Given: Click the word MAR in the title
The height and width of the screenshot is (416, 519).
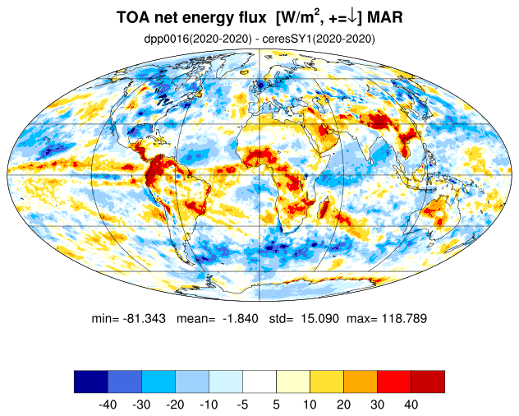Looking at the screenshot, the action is tap(384, 17).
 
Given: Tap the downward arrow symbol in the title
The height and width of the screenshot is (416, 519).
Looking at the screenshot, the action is tap(353, 17).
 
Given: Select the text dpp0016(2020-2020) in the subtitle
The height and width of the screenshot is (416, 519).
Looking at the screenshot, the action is tap(198, 39).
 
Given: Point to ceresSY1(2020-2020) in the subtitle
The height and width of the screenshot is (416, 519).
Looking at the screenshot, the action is tap(319, 39).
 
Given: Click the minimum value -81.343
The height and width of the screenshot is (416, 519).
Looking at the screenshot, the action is tap(145, 318).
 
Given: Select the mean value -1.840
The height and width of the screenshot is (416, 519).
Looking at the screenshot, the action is tap(241, 318).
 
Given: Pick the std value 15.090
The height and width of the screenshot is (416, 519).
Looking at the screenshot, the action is tap(319, 318).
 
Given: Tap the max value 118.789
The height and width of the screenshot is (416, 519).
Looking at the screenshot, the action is tap(405, 318).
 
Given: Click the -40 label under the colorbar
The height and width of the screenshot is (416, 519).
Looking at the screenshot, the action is tap(108, 404).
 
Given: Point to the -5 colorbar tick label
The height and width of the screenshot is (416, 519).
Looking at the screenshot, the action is tap(242, 404).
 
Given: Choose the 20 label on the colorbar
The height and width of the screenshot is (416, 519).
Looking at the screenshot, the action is tap(343, 404).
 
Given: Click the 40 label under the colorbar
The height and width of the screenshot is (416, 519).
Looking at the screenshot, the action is tap(411, 404).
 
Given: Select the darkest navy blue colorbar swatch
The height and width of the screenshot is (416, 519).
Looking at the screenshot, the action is tap(91, 381).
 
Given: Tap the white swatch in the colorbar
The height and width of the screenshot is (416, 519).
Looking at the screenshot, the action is tap(259, 381).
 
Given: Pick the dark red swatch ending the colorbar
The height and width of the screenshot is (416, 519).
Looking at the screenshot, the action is tap(428, 381).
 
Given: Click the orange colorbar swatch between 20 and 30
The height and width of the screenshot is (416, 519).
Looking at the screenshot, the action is tap(361, 381).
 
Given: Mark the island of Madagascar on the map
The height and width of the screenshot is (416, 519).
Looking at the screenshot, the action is tap(324, 207).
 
